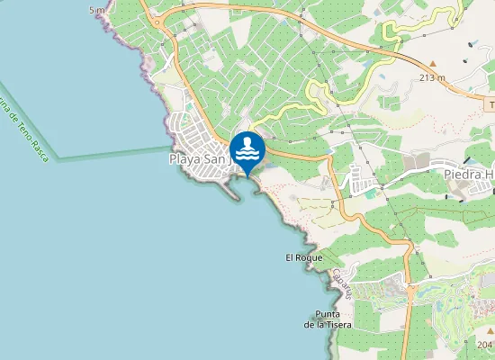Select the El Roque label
point(303,257)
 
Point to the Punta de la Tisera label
point(328,319)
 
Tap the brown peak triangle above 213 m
point(433,65)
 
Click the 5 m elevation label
point(97,9)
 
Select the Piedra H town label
point(468,173)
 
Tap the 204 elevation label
point(485,345)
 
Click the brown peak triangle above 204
point(486,330)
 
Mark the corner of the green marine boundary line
point(58,160)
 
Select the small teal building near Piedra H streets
point(370,193)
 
